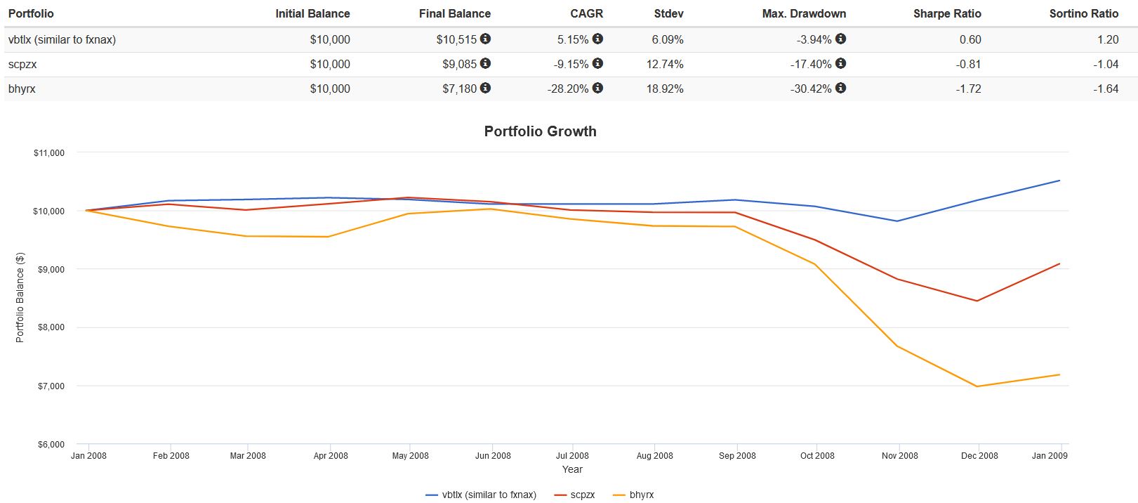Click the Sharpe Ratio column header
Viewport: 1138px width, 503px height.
pyautogui.click(x=947, y=13)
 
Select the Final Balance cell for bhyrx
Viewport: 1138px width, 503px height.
pyautogui.click(x=459, y=89)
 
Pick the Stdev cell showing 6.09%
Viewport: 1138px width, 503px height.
pyautogui.click(x=667, y=39)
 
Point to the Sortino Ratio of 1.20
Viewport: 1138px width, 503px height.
pyautogui.click(x=1107, y=39)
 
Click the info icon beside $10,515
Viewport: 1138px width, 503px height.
pyautogui.click(x=485, y=39)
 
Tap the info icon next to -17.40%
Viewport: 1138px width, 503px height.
pyautogui.click(x=840, y=64)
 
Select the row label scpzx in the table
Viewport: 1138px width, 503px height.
pyautogui.click(x=22, y=64)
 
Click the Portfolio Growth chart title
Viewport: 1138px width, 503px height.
pyautogui.click(x=540, y=131)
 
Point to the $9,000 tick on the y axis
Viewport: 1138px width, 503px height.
pyautogui.click(x=49, y=269)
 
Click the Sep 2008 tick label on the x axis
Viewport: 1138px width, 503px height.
pyautogui.click(x=736, y=456)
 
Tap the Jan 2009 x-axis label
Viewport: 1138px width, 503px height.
pyautogui.click(x=1049, y=456)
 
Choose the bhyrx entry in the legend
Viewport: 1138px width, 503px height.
pyautogui.click(x=641, y=495)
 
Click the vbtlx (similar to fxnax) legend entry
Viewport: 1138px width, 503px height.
pyautogui.click(x=489, y=495)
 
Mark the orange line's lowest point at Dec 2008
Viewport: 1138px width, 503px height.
pyautogui.click(x=977, y=386)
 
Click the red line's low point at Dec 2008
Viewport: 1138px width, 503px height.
pyautogui.click(x=977, y=301)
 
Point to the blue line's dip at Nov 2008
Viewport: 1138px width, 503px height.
pyautogui.click(x=896, y=221)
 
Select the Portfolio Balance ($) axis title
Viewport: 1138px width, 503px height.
pyautogui.click(x=20, y=297)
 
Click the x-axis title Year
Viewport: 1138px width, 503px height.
pyautogui.click(x=572, y=469)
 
